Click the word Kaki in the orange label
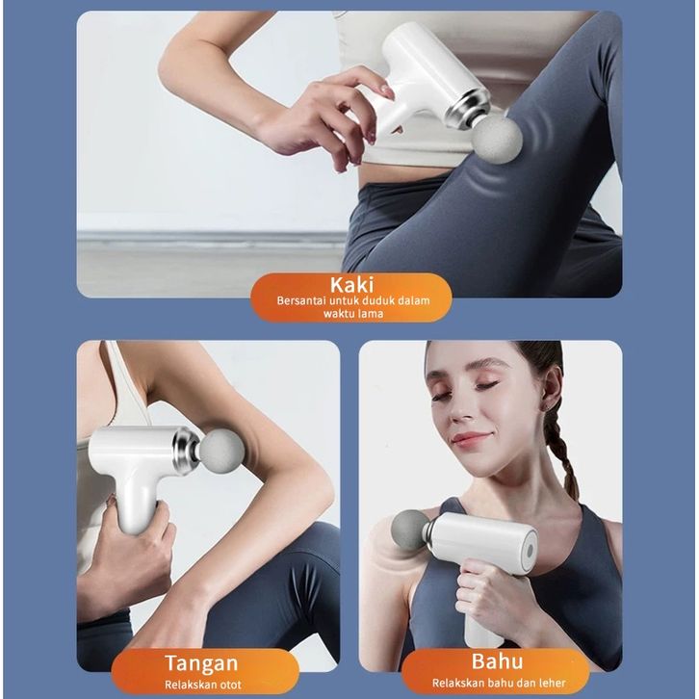351,284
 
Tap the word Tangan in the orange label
201,663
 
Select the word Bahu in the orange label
497,661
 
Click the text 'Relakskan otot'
203,685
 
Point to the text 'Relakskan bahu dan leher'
499,683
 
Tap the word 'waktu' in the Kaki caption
337,313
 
